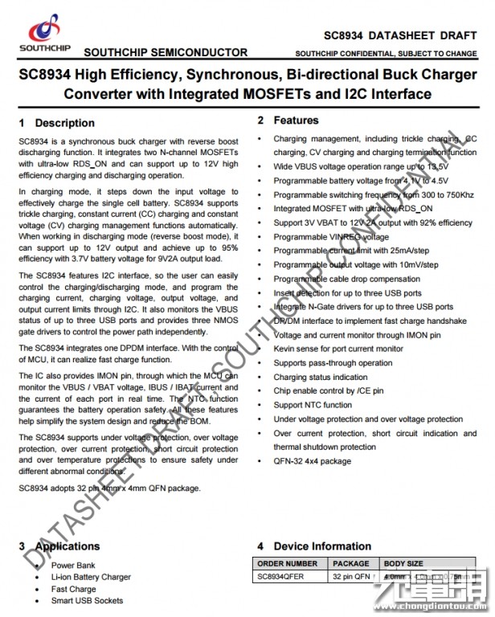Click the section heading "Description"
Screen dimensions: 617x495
click(64, 123)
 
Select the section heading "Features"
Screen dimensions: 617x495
click(296, 121)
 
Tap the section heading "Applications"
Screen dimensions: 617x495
click(67, 546)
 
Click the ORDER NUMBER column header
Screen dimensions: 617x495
click(287, 564)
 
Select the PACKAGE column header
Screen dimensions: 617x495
click(350, 564)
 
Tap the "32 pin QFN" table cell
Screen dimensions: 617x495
click(350, 577)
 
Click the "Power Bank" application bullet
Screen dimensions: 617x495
click(73, 566)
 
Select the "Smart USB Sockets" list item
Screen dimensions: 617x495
click(87, 601)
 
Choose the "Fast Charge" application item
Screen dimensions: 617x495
click(73, 589)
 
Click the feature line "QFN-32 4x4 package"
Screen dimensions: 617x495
click(312, 461)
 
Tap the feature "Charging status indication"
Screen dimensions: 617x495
click(320, 377)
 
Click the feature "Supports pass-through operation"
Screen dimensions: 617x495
click(333, 363)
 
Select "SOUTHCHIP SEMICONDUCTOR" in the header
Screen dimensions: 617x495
click(166, 52)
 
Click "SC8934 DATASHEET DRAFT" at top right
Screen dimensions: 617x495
click(399, 36)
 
